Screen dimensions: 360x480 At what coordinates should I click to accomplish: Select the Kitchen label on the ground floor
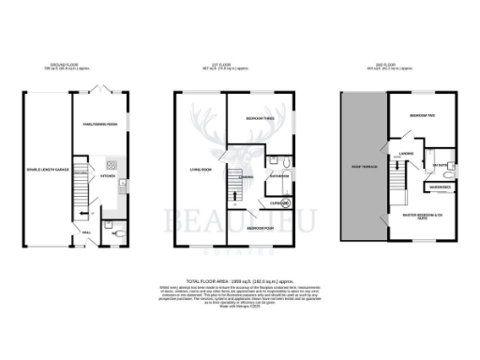106,175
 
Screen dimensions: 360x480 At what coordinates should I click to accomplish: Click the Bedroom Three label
260,120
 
